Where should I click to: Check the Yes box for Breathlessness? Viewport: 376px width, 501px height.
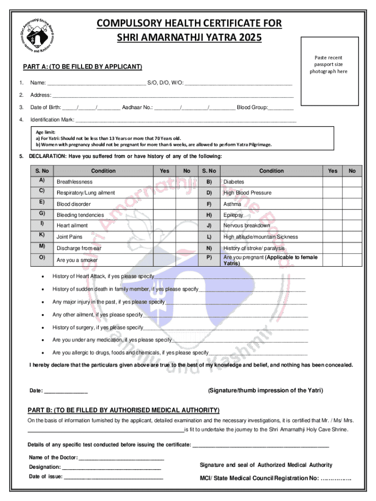click(x=165, y=182)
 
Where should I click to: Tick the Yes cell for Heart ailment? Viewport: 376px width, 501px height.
click(x=165, y=225)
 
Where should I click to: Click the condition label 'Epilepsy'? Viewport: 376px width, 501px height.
click(x=233, y=215)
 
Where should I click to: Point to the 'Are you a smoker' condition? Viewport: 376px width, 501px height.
click(x=77, y=260)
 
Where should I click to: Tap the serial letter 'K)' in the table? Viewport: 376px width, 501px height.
click(x=42, y=235)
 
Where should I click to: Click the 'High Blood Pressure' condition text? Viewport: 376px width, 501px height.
click(x=247, y=193)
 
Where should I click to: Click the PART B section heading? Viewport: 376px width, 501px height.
click(x=124, y=410)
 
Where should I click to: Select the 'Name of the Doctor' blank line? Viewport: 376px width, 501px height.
click(x=121, y=459)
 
